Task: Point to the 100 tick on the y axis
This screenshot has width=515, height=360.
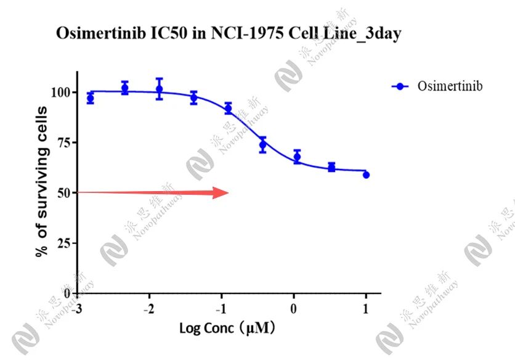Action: (x=65, y=92)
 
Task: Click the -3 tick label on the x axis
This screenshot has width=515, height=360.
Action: (x=76, y=308)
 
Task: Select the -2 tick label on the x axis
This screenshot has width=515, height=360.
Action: (x=148, y=308)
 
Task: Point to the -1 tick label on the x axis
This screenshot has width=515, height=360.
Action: (x=221, y=308)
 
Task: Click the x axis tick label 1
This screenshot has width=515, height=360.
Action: (x=367, y=308)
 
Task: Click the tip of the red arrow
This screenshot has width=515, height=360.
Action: (x=229, y=192)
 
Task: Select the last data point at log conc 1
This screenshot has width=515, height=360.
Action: (x=366, y=174)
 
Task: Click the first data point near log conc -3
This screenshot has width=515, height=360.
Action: (x=90, y=99)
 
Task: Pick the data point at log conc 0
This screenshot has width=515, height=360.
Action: (x=297, y=157)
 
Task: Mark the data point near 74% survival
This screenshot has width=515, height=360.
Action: (x=262, y=145)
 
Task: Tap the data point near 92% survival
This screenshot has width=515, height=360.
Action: (x=228, y=108)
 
